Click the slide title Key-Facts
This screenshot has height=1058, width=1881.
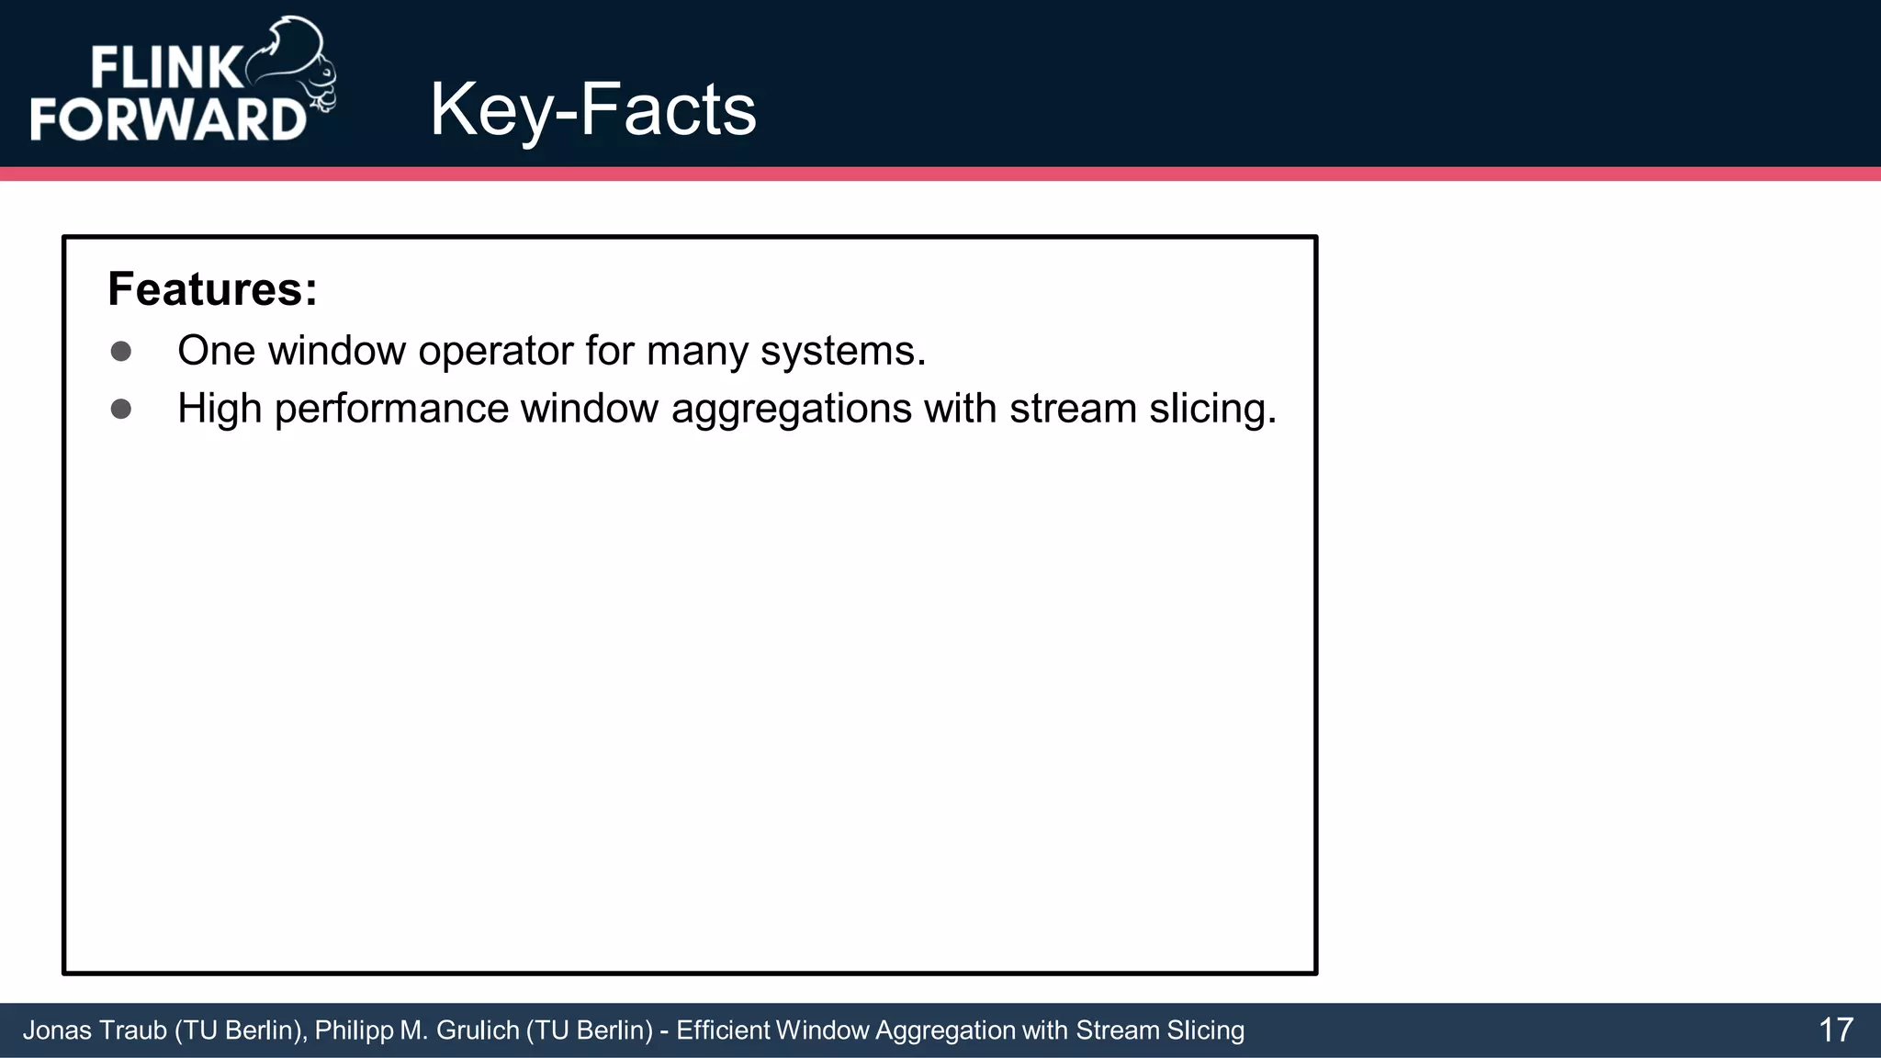(592, 110)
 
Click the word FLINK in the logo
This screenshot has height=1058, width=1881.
(165, 69)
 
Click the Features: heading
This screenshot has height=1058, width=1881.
(212, 289)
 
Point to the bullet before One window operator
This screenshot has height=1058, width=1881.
(121, 352)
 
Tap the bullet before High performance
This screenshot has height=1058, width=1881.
(121, 409)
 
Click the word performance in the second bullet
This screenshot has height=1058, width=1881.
(390, 409)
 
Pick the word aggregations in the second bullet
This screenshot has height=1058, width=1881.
(791, 409)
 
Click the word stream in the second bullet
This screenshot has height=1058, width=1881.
(1073, 409)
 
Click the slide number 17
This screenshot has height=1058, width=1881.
(1835, 1030)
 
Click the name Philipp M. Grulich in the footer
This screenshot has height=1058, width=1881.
(417, 1030)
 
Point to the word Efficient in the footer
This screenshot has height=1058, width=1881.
(723, 1030)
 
